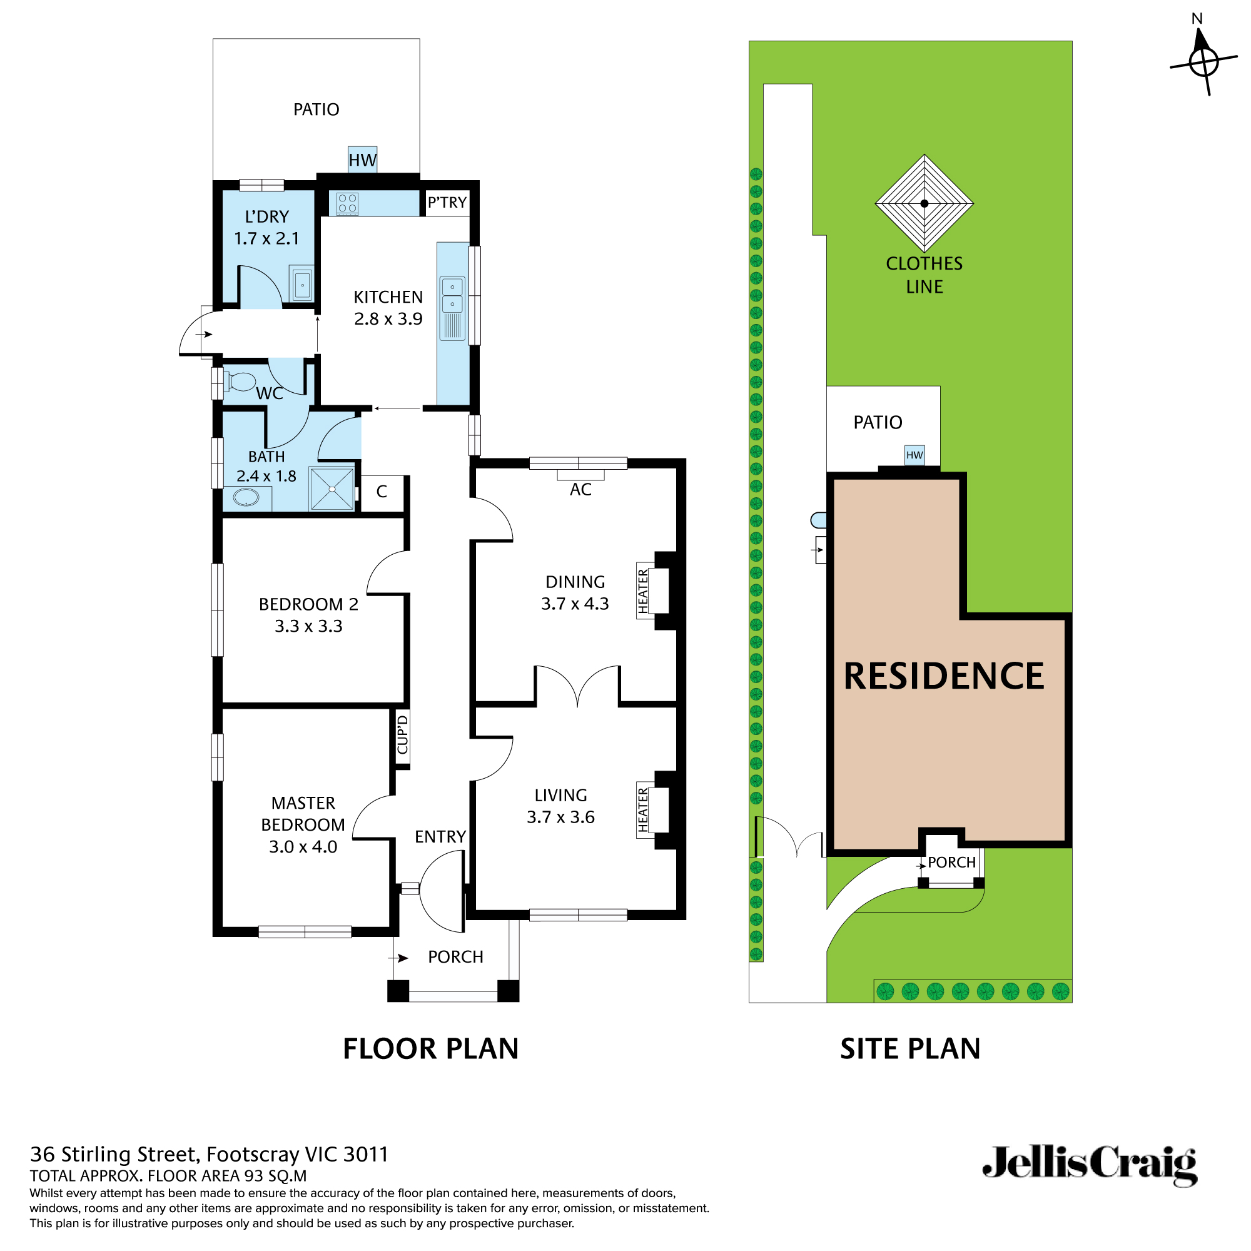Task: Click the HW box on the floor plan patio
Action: point(362,160)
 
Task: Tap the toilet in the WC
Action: point(240,382)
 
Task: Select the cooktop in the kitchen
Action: point(347,204)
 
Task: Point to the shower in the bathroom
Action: point(332,489)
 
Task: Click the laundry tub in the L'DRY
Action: point(302,285)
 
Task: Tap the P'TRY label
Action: point(447,203)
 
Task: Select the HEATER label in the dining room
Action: point(643,591)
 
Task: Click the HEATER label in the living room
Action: point(643,810)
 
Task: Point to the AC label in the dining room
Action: point(580,490)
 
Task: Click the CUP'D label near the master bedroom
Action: point(403,734)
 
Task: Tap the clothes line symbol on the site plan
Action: point(924,203)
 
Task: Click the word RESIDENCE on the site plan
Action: point(943,676)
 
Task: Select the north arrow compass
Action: point(1203,61)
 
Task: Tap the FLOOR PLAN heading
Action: point(430,1049)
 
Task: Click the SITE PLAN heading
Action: point(909,1049)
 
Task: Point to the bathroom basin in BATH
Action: point(246,497)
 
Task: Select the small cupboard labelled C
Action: point(382,492)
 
